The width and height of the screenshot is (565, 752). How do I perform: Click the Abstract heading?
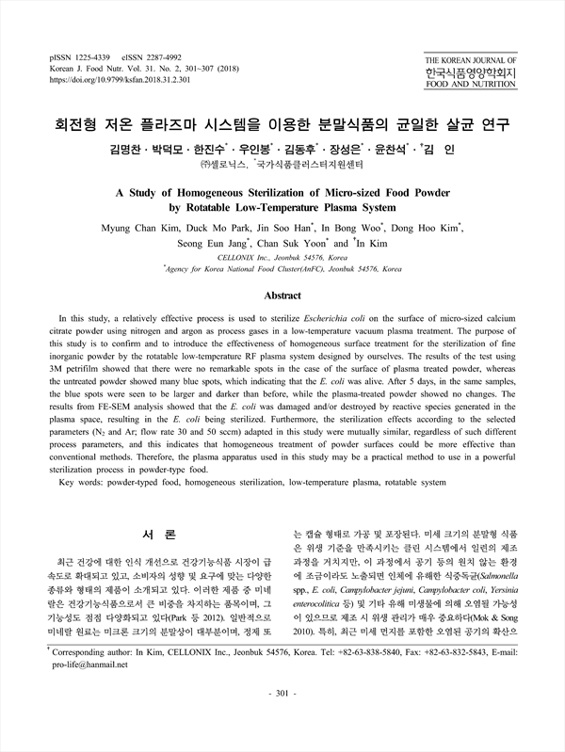(x=282, y=296)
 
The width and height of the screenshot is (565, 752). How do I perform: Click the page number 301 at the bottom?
(x=282, y=720)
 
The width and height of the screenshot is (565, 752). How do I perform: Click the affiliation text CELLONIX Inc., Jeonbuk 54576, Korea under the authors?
(x=282, y=257)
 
